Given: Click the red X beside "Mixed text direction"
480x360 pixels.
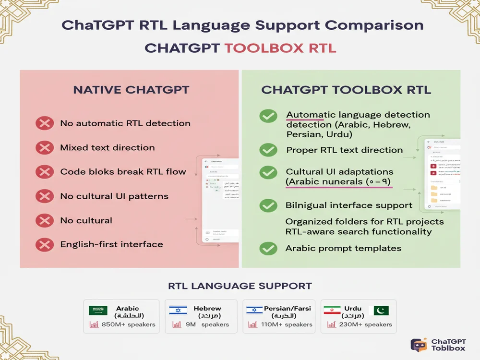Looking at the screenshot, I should coord(45,147).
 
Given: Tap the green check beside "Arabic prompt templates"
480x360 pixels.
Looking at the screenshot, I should coord(268,248).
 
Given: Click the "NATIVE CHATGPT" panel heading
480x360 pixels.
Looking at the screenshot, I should coord(131,90).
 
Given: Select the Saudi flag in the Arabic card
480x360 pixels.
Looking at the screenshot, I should coord(98,311).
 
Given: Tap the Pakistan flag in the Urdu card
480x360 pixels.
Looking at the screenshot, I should coord(381,311).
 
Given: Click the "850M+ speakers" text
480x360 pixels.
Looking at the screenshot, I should coord(129,324).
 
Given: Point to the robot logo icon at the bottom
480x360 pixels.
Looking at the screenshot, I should coord(419,345).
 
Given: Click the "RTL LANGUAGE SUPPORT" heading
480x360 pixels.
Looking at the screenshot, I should coord(240,286).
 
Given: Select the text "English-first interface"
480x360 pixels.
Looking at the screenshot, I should coord(111,244).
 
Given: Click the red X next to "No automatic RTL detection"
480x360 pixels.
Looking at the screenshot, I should coord(45,123).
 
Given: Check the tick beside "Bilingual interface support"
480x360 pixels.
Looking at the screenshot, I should coord(268,205).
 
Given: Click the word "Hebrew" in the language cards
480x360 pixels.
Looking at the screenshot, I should coord(207,308).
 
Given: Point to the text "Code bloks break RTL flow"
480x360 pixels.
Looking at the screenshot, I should coord(123,171).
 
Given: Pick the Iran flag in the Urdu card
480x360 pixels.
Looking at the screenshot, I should coord(332,311).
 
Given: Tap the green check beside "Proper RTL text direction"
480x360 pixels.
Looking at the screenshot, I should coord(268,150).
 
